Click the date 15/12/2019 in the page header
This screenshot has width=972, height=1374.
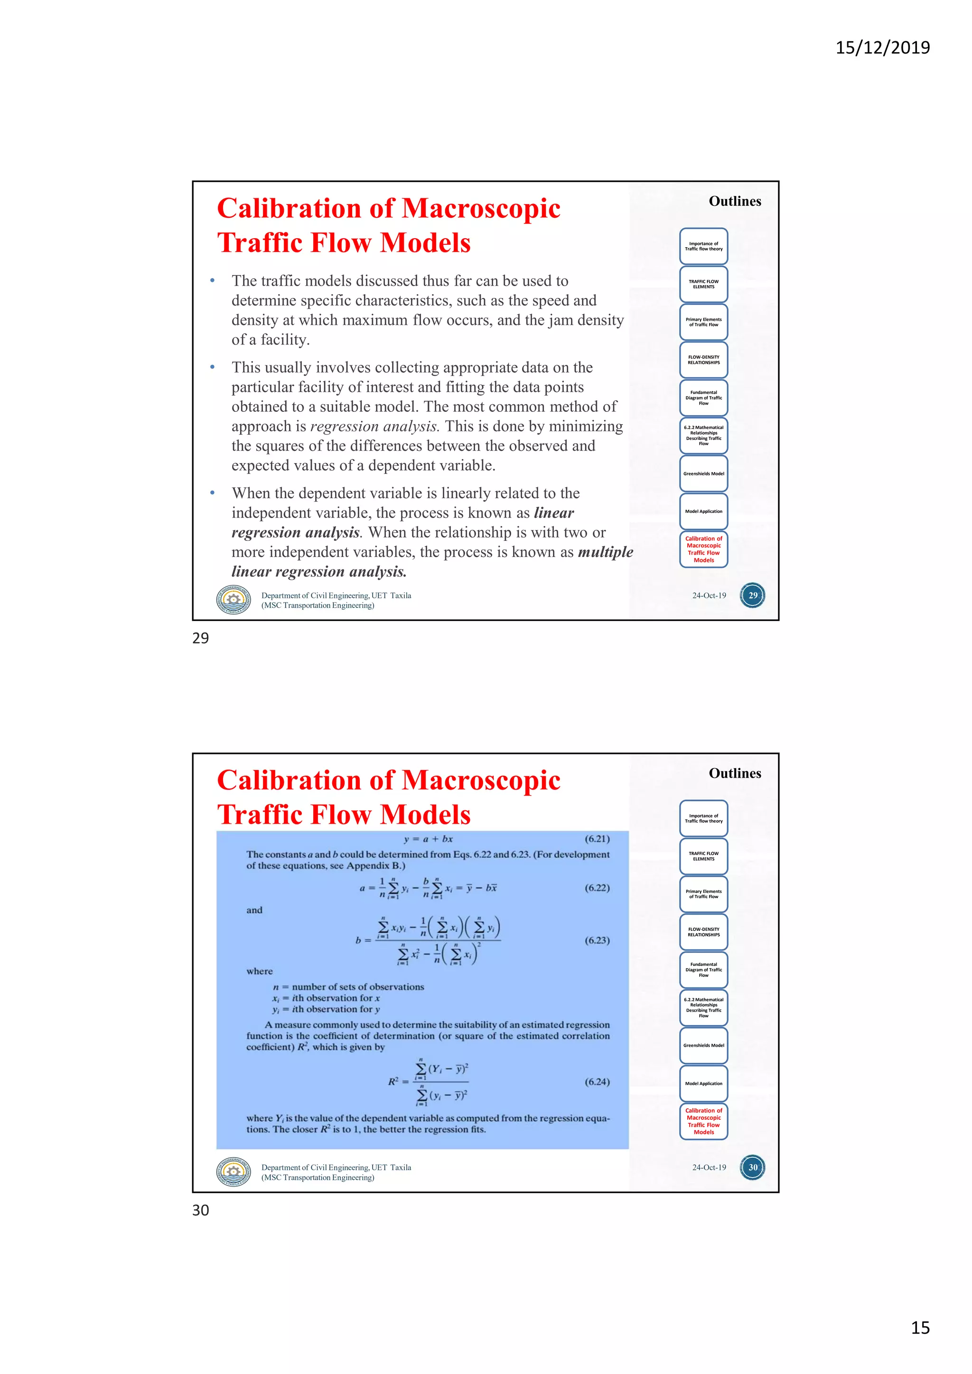[882, 48]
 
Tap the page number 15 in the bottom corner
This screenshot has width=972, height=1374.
[920, 1328]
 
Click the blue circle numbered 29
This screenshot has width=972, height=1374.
[752, 595]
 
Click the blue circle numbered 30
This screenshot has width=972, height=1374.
[752, 1167]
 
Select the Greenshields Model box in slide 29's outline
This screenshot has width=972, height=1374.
[703, 473]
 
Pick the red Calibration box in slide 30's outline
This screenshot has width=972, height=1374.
[703, 1121]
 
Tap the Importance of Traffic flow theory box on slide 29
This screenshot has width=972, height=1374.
[703, 246]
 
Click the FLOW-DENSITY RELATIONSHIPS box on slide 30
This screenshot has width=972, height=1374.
[703, 932]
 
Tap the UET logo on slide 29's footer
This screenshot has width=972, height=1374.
[234, 599]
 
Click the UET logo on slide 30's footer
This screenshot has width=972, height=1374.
[234, 1171]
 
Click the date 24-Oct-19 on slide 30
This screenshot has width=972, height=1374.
[709, 1167]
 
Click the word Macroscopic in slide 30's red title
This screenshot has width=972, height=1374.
[481, 780]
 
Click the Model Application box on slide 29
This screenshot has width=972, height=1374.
[703, 511]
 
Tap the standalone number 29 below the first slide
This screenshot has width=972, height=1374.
[200, 638]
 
